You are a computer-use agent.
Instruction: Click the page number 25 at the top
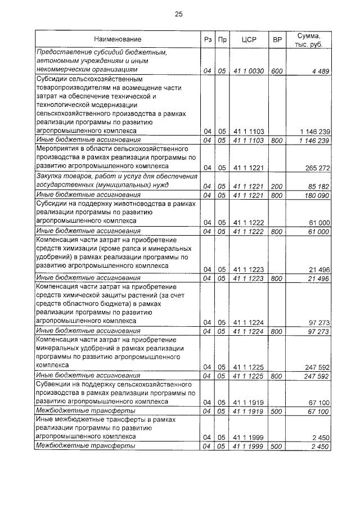point(179,14)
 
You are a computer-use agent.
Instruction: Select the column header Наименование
point(118,39)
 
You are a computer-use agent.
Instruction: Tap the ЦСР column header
point(249,39)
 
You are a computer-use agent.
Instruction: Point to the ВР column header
point(277,39)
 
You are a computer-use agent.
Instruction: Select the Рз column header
point(206,39)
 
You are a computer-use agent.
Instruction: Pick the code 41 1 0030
point(249,71)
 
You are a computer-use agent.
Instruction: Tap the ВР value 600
point(277,71)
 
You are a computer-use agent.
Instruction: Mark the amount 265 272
point(316,168)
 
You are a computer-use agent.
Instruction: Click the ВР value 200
point(277,186)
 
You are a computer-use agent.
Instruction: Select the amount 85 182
point(317,186)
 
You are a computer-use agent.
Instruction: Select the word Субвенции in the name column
point(53,384)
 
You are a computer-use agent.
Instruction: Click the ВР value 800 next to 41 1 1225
point(277,376)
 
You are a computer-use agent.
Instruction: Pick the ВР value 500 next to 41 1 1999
point(277,446)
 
